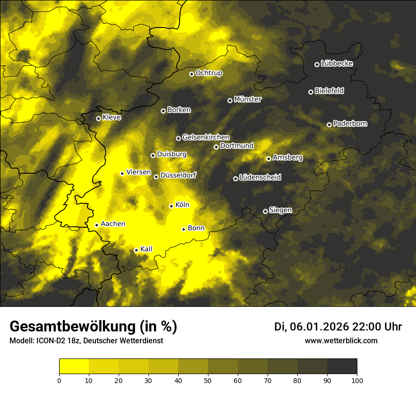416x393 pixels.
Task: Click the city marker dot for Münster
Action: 230,100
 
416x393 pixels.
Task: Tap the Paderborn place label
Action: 350,124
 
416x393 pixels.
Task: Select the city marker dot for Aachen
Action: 96,225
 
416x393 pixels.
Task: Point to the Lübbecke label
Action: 337,63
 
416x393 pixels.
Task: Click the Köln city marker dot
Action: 171,206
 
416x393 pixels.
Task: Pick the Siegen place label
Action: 280,210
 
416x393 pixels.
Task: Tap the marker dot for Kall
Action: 136,250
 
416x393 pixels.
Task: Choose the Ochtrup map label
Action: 208,73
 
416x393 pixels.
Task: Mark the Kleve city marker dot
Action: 98,118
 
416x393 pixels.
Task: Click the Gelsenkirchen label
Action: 206,137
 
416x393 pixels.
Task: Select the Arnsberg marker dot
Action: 269,159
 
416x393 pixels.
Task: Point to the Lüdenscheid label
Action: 260,178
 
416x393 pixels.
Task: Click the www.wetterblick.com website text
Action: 341,340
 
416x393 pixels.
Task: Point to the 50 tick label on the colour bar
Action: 208,380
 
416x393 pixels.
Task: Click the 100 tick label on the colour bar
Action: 357,380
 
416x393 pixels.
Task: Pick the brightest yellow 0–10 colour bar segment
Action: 74,366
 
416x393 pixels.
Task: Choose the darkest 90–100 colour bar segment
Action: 342,366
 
